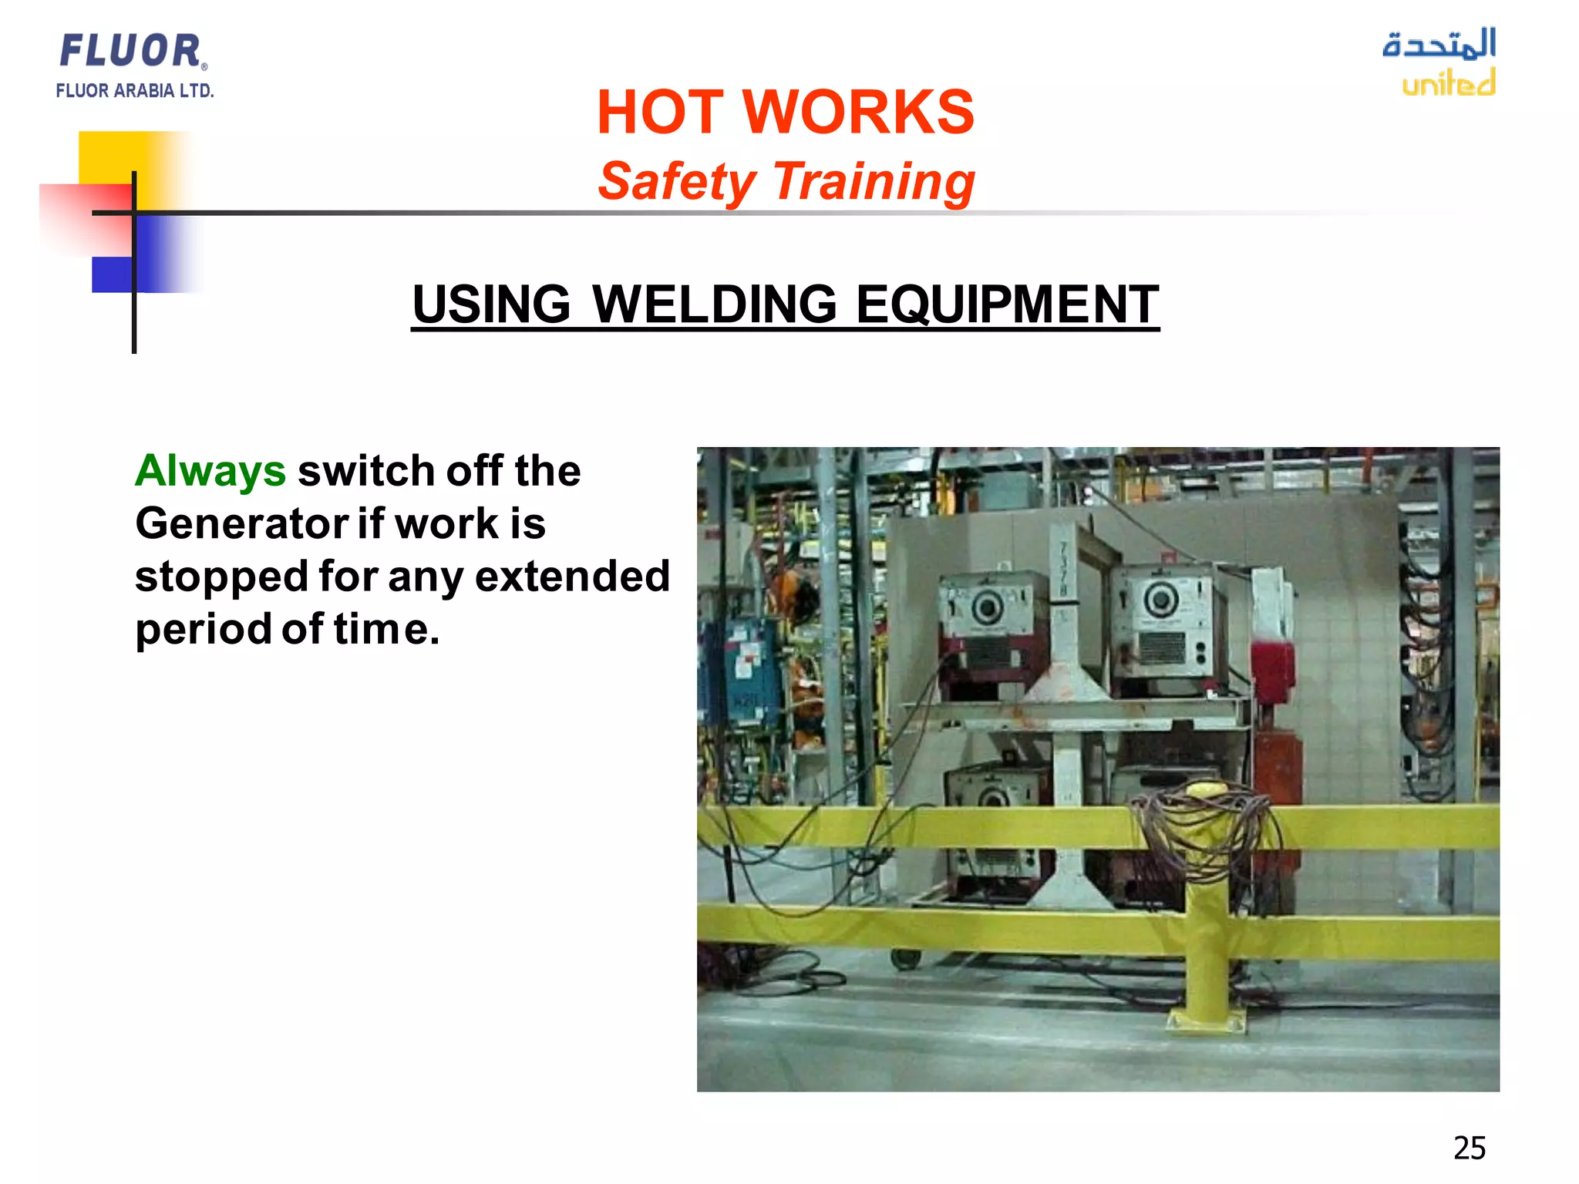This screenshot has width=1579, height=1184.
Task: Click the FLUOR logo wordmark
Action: point(131,51)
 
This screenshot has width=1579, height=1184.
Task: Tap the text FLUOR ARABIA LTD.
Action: point(134,91)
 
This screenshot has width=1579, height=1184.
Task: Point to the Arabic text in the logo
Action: point(1439,44)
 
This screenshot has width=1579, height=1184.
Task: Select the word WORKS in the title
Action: point(858,113)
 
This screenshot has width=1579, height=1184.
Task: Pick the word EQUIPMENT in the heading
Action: point(1007,304)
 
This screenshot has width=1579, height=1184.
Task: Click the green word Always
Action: point(210,471)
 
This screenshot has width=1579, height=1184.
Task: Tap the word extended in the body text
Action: point(572,577)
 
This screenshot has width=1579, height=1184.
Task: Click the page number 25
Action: point(1469,1148)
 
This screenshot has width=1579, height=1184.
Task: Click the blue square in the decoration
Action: point(112,274)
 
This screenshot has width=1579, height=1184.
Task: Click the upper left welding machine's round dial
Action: point(987,608)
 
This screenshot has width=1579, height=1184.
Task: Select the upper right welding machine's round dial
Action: point(1160,599)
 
